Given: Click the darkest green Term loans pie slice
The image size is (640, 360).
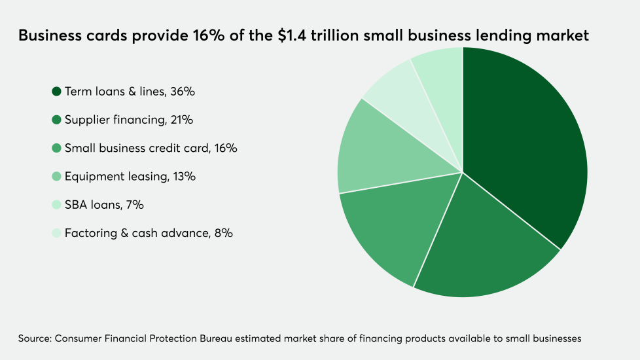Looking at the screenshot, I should [x=524, y=144].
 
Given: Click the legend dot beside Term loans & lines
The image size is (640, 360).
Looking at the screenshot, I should [x=56, y=92].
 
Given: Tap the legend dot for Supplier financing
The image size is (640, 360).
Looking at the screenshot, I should [x=56, y=120].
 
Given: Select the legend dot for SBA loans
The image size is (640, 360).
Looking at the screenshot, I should [x=56, y=205].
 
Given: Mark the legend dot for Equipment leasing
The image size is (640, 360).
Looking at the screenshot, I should [x=56, y=177].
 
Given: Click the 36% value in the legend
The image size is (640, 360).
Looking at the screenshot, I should [x=182, y=92].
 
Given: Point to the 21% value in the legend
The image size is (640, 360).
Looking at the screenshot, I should [x=181, y=120].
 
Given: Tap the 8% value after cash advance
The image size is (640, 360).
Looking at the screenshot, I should [x=222, y=233].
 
